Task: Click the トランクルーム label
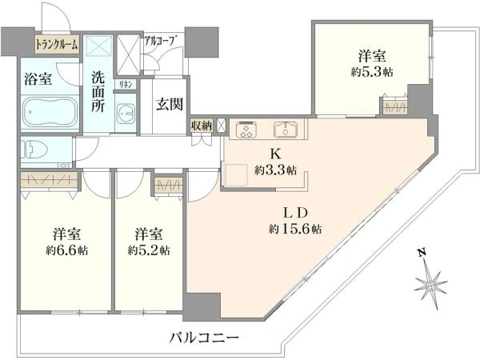tap(56, 46)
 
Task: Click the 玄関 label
tap(169, 103)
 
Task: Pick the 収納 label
tap(201, 126)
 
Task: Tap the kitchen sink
tap(286, 129)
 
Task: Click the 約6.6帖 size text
tap(64, 250)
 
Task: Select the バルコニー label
tap(203, 338)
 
